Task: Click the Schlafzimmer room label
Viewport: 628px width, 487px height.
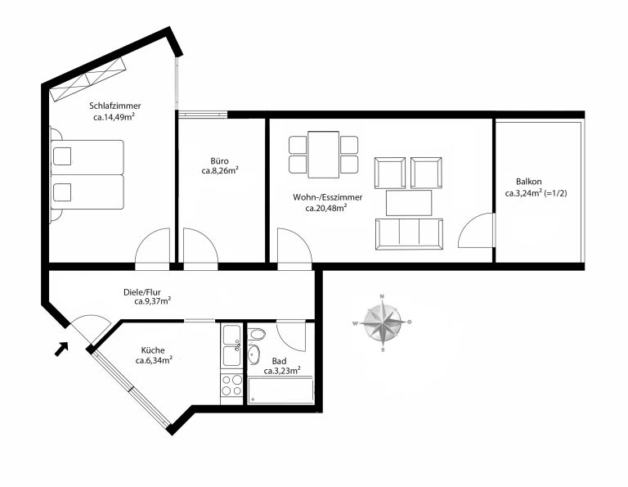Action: click(x=115, y=106)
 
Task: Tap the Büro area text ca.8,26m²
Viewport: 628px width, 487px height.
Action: click(x=220, y=171)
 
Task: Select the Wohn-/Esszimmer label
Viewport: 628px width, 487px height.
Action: click(x=328, y=197)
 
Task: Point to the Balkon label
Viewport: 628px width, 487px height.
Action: click(x=529, y=182)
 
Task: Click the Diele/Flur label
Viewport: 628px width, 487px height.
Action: click(x=142, y=292)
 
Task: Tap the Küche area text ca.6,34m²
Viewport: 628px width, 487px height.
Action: click(x=155, y=360)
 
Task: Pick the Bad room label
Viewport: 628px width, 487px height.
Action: click(x=279, y=361)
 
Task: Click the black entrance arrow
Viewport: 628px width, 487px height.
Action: click(x=61, y=349)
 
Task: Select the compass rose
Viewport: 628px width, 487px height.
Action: click(x=382, y=322)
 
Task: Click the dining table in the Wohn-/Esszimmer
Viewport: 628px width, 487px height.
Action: click(x=324, y=155)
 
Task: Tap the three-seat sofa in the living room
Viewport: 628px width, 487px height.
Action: click(x=409, y=234)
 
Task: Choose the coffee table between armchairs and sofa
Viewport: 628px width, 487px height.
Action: click(x=409, y=203)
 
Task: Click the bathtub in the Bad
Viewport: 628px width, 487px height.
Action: click(x=280, y=390)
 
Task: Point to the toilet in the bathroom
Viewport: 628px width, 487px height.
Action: click(x=257, y=334)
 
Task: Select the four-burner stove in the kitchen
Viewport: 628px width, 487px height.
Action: click(x=232, y=385)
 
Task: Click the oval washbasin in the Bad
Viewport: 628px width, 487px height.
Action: click(x=253, y=354)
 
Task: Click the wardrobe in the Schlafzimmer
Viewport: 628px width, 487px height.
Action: click(x=88, y=79)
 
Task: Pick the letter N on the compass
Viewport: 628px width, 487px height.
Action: click(x=382, y=296)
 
